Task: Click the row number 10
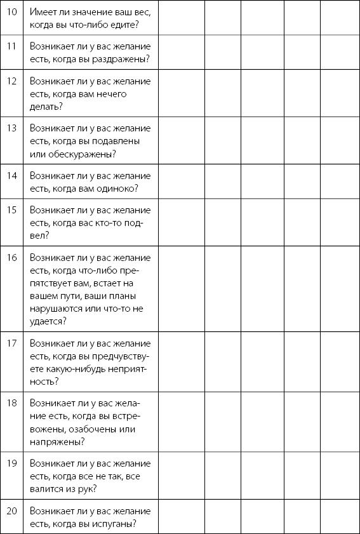click(x=11, y=11)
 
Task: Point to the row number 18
click(x=11, y=403)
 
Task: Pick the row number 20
click(x=11, y=511)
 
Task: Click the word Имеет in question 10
click(x=44, y=11)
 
